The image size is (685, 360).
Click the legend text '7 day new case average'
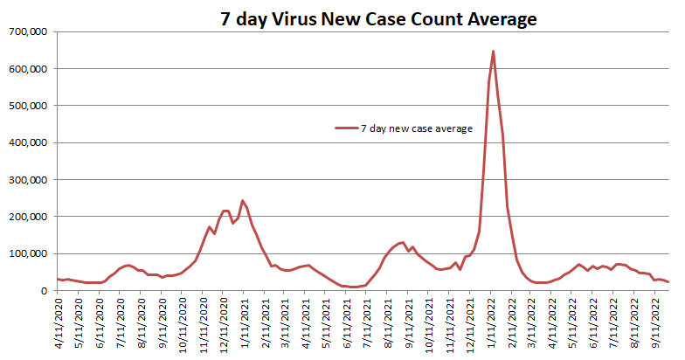pyautogui.click(x=416, y=128)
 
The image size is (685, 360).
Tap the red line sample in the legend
pyautogui.click(x=346, y=128)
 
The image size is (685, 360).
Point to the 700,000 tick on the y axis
pyautogui.click(x=28, y=31)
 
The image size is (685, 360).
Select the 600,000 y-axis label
pyautogui.click(x=28, y=68)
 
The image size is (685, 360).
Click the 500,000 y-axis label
pyautogui.click(x=28, y=106)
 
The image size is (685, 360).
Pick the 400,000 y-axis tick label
pyautogui.click(x=28, y=142)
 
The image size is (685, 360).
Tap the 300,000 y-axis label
pyautogui.click(x=28, y=179)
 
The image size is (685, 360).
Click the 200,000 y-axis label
pyautogui.click(x=28, y=217)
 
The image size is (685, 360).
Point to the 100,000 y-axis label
pyautogui.click(x=28, y=253)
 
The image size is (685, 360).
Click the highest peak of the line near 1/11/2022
pyautogui.click(x=493, y=52)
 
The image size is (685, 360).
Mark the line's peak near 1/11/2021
pyautogui.click(x=242, y=201)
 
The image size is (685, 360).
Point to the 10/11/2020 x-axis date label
pyautogui.click(x=182, y=322)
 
